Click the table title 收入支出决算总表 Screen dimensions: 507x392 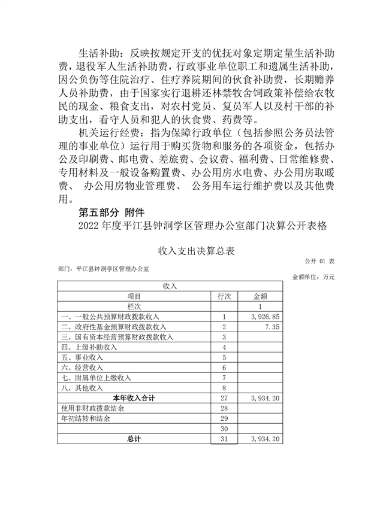pos(195,250)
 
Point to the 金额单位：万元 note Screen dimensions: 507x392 pos(313,277)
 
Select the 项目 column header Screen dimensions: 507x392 pos(135,296)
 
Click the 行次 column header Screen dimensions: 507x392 pos(224,296)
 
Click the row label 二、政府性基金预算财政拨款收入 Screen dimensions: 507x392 pos(114,327)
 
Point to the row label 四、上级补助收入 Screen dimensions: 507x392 pos(89,347)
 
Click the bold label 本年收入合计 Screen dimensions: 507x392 pos(134,398)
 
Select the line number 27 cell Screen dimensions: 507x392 pos(224,398)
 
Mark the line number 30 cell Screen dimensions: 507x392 pos(224,429)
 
